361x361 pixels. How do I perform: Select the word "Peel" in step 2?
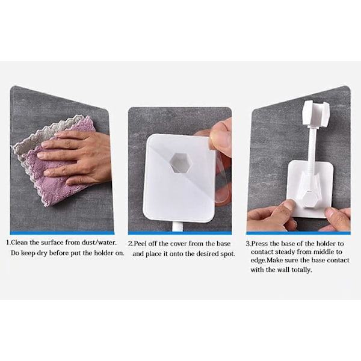click(x=140, y=244)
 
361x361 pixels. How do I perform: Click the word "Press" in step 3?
click(x=260, y=244)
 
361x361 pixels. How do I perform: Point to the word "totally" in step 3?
click(x=301, y=270)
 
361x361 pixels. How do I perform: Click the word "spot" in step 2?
click(x=227, y=254)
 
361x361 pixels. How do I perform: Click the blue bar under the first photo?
click(x=62, y=233)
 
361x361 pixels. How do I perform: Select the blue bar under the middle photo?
click(x=180, y=233)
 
